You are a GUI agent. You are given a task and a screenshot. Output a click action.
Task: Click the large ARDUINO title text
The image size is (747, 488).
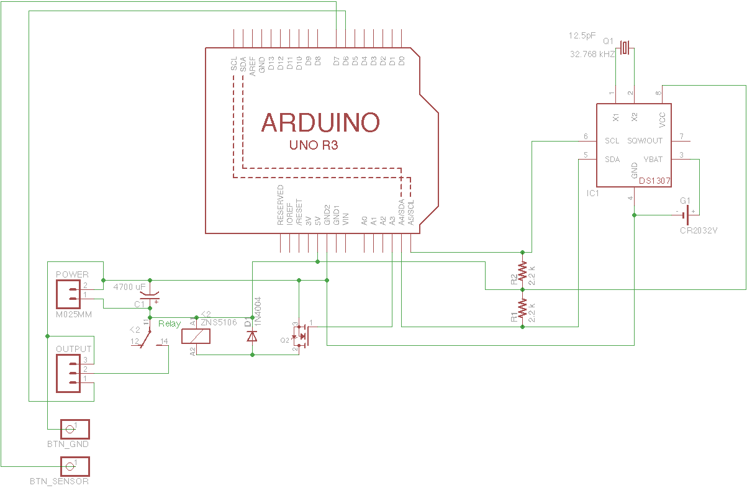click(320, 122)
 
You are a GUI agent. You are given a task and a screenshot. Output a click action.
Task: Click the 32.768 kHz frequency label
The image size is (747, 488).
click(592, 55)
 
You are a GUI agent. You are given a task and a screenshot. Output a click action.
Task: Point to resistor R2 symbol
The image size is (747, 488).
click(522, 271)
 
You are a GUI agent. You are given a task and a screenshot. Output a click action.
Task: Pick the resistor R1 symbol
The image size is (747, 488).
click(522, 308)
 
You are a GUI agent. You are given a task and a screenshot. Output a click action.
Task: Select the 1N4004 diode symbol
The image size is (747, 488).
click(252, 336)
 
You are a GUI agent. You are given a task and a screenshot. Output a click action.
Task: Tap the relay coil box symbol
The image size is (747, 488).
click(195, 337)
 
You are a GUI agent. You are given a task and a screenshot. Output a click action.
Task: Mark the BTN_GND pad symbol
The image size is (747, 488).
click(75, 429)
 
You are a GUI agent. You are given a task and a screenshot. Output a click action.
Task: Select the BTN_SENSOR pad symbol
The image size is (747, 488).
click(75, 466)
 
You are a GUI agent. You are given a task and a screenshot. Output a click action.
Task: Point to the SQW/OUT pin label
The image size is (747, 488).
click(645, 141)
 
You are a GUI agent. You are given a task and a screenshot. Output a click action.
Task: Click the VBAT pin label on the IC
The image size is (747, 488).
click(653, 160)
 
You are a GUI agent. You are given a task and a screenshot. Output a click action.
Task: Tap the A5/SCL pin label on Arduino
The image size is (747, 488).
click(411, 212)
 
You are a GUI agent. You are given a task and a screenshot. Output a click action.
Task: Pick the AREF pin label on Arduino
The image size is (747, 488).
click(253, 65)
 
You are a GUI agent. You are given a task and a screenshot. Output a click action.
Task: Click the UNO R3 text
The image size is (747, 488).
click(314, 146)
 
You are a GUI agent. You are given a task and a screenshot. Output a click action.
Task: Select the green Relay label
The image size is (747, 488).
click(170, 323)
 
